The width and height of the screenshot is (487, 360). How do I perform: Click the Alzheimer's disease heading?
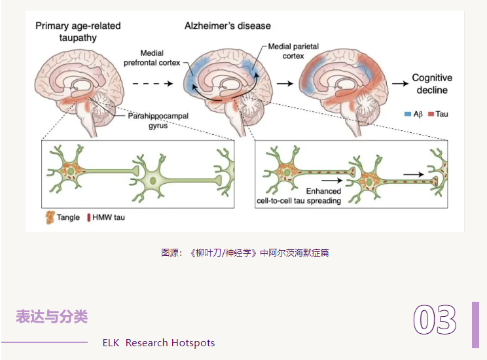coord(226,26)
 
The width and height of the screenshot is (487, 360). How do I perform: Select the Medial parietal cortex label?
coord(287,52)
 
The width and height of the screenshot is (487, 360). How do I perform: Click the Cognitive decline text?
coord(432,83)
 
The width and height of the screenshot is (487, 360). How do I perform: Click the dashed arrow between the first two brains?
coord(153,84)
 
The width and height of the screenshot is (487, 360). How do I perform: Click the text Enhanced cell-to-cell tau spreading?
coord(298,195)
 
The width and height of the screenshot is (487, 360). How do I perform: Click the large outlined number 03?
coord(435,321)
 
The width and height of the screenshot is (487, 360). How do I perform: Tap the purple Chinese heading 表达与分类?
coord(52,317)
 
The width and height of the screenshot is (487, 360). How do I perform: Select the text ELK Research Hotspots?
coord(158,343)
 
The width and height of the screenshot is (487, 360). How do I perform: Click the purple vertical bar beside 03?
coord(475,325)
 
